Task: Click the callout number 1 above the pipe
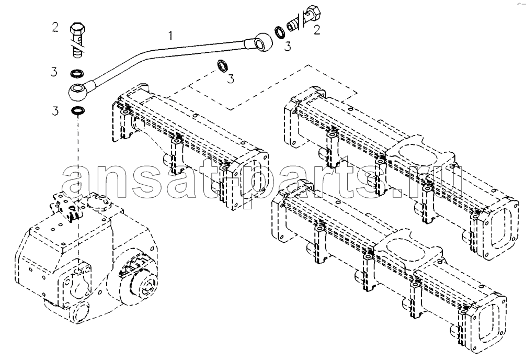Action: pyautogui.click(x=171, y=35)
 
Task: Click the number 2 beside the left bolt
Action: pyautogui.click(x=55, y=27)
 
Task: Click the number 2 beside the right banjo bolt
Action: pyautogui.click(x=317, y=30)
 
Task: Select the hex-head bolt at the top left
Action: pyautogui.click(x=78, y=40)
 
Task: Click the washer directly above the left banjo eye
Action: pyautogui.click(x=77, y=73)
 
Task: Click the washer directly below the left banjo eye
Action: pyautogui.click(x=78, y=110)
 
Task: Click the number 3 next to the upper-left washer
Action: pyautogui.click(x=54, y=72)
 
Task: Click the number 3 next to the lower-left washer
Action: pyautogui.click(x=55, y=111)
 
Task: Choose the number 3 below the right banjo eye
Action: pyautogui.click(x=288, y=47)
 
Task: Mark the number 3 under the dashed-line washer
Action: pyautogui.click(x=231, y=79)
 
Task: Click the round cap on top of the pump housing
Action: pyautogui.click(x=98, y=203)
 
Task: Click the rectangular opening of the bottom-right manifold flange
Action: pyautogui.click(x=491, y=321)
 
